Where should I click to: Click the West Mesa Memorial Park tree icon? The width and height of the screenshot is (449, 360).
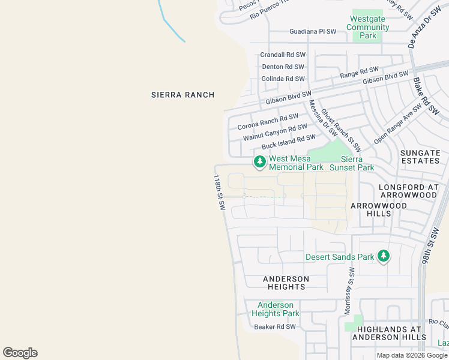tap(259, 162)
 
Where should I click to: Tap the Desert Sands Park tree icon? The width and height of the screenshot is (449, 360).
tap(384, 257)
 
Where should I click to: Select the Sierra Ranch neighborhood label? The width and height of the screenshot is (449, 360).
tap(182, 95)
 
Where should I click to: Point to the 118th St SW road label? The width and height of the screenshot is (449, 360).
tap(219, 192)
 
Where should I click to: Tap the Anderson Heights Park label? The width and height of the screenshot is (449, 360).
tap(275, 309)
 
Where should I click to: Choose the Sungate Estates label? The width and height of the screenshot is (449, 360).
tap(420, 157)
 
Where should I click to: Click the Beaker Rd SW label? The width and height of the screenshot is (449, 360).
tap(275, 327)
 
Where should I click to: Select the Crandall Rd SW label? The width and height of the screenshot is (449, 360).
tap(282, 55)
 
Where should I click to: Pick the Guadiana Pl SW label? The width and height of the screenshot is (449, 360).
tap(313, 31)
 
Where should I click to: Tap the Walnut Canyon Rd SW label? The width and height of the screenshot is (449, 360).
tap(275, 133)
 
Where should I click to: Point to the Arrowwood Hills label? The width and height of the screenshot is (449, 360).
tap(378, 209)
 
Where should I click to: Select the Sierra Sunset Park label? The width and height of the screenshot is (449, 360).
tap(358, 163)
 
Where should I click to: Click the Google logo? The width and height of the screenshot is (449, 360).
tap(20, 353)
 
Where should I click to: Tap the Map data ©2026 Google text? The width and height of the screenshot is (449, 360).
tap(412, 355)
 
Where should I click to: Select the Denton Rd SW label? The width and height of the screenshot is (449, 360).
tap(282, 67)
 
